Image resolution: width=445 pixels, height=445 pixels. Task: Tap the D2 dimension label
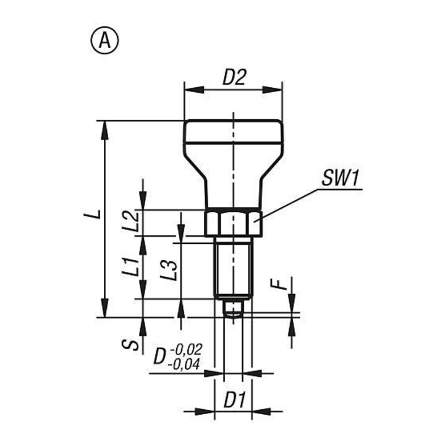click(x=234, y=77)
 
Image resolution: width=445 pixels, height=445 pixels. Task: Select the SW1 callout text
click(x=341, y=179)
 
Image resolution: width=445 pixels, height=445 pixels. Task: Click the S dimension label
click(x=130, y=344)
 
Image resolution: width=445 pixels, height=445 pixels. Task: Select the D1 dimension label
click(x=234, y=400)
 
